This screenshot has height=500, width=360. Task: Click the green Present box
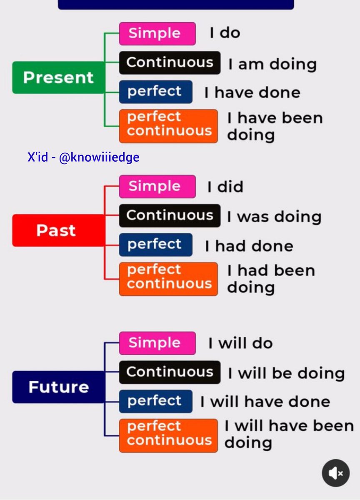[58, 77]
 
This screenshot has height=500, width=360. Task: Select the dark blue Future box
[58, 387]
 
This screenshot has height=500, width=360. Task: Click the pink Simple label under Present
[157, 33]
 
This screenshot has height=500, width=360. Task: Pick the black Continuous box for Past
[169, 215]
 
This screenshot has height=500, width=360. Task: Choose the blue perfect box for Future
[155, 401]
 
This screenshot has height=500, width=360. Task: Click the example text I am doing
[272, 64]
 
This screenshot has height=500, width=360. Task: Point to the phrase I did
[225, 187]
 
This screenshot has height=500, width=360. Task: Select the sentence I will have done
[265, 402]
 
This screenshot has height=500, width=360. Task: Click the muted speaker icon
[335, 473]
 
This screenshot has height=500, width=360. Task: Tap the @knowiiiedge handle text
[99, 157]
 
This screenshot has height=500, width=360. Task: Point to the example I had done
[249, 246]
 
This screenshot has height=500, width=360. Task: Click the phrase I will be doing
[286, 373]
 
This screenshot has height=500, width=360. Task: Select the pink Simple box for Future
[157, 343]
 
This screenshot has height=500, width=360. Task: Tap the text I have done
[252, 92]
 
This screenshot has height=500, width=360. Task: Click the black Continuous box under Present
[169, 62]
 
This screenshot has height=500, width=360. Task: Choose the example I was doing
[274, 217]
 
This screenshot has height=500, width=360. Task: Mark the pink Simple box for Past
[157, 186]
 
